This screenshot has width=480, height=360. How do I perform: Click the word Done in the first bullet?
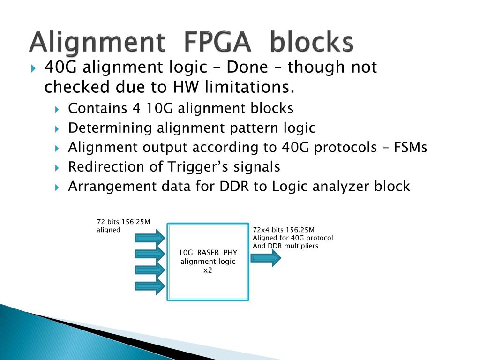(247, 67)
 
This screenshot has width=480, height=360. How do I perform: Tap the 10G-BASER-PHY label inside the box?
(208, 253)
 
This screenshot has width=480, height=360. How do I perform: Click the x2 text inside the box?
(208, 270)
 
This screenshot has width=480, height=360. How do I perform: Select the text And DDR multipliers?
(285, 246)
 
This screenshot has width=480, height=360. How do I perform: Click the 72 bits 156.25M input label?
(123, 222)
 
